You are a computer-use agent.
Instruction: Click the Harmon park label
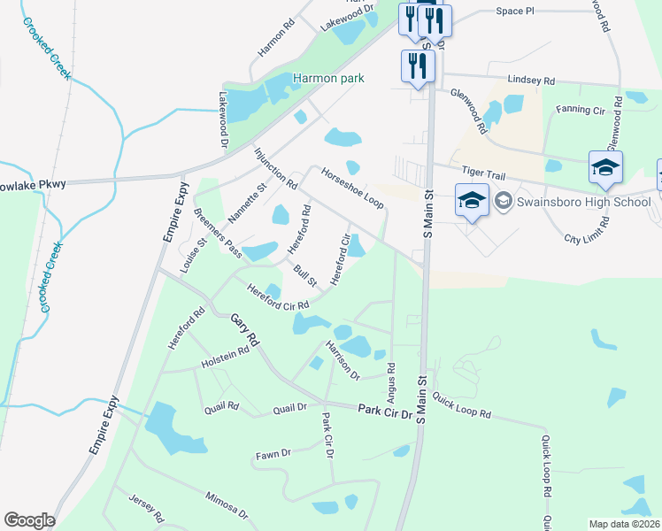coord(328,78)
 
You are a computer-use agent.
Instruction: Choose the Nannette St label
coord(247,203)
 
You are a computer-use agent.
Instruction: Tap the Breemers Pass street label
coord(218,234)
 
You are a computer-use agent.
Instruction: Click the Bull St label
coord(305,275)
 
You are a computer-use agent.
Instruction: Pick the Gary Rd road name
coord(245,329)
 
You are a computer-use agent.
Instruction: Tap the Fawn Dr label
coord(273,455)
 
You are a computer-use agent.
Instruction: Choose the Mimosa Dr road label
coord(227,504)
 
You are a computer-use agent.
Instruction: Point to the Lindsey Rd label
coord(530,79)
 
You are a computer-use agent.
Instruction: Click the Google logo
coord(29,520)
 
